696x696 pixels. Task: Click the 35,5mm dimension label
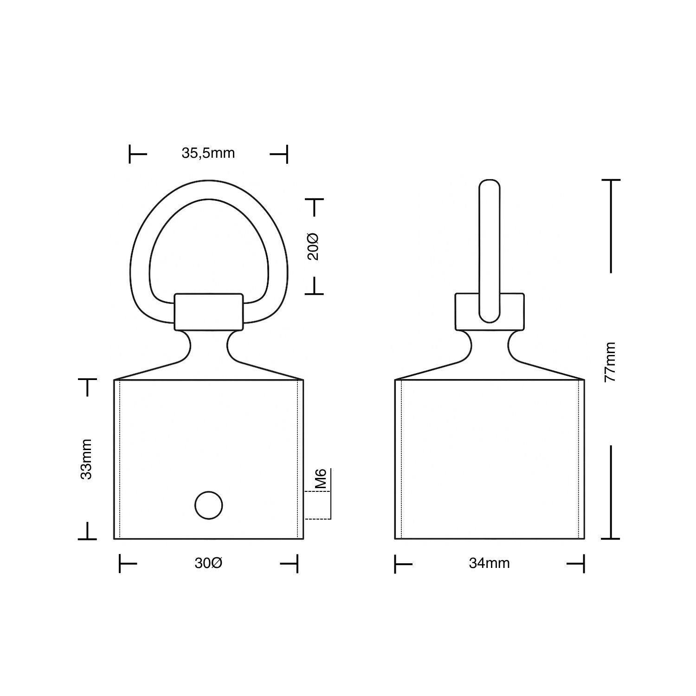208,153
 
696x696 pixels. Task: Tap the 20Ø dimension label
314,246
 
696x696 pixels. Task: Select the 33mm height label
86,459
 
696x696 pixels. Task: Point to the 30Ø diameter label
208,563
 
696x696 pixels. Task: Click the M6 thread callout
321,479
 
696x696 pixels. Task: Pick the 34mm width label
489,563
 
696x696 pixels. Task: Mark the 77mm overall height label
611,362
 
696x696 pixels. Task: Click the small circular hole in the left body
209,505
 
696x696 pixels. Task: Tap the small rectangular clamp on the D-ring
209,311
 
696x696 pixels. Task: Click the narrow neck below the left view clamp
209,346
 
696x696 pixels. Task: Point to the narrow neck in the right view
490,346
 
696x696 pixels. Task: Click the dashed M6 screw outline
317,505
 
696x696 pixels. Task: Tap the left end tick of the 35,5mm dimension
130,154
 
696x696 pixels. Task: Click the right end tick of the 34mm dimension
583,564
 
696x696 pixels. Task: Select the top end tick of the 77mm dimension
611,180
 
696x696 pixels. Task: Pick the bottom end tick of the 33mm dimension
87,539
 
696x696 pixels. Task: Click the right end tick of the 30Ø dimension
296,564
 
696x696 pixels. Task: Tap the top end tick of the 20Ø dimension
314,200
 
